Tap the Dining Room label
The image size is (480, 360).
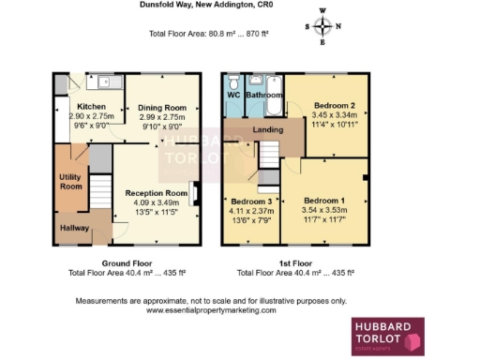[163, 108]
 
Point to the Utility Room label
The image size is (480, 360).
[71, 181]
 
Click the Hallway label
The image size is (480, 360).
[74, 228]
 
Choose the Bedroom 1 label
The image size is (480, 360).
[323, 201]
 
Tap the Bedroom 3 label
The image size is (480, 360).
[251, 202]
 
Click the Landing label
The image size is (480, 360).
[269, 131]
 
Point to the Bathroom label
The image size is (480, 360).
[264, 96]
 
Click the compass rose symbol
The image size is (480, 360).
[323, 26]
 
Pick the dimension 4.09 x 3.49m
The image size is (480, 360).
[157, 203]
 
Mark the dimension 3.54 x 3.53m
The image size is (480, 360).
[323, 210]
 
